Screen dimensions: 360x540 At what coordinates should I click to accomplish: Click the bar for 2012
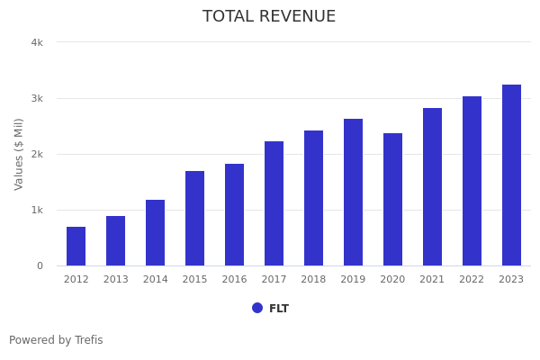point(76,247)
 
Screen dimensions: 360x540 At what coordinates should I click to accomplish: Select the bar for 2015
point(195,219)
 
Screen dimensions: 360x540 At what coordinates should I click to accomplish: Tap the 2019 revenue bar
point(353,193)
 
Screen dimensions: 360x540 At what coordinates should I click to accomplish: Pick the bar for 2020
point(392,200)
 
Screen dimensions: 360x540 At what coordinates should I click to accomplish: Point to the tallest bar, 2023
point(511,175)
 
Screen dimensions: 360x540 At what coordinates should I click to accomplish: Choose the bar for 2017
point(274,203)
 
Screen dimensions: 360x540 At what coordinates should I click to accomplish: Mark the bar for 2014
point(156,233)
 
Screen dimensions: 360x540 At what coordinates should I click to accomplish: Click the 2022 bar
point(472,181)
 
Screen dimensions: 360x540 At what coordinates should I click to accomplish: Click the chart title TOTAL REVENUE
point(269,17)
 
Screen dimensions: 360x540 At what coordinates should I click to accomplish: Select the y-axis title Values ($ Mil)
point(20,154)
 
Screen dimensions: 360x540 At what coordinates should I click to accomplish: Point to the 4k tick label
point(37,42)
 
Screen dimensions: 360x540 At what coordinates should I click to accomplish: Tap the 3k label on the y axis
point(37,98)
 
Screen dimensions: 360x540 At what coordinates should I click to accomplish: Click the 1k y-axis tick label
point(37,210)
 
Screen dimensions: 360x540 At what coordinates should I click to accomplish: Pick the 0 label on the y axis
point(40,265)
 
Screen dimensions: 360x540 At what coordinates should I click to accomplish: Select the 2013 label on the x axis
point(116,280)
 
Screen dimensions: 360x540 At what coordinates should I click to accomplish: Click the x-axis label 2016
point(234,280)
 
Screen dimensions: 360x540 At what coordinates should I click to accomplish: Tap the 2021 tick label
point(432,280)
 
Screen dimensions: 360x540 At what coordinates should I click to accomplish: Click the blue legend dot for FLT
point(257,308)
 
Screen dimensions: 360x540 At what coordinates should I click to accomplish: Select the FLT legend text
point(279,309)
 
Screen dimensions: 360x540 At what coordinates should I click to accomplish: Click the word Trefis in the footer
point(88,340)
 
